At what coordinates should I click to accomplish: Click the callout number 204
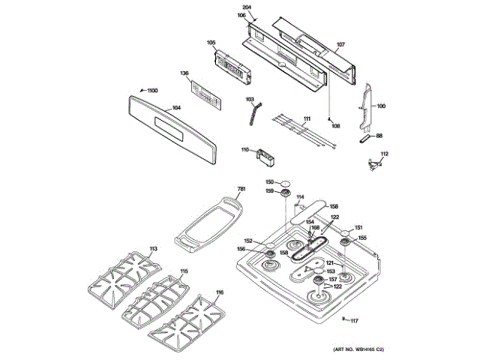248,7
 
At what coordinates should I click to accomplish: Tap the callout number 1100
152,91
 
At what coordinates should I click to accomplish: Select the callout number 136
184,73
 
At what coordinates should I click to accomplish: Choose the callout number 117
355,321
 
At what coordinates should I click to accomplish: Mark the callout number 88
379,136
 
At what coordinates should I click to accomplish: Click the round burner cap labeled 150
286,182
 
